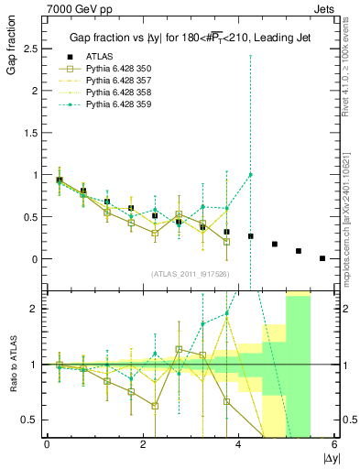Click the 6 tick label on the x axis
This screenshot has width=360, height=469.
335,444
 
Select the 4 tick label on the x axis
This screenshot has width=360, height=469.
239,444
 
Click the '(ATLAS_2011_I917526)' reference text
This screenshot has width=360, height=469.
191,274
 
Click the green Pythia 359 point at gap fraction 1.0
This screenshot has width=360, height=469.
251,174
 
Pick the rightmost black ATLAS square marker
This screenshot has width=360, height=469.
322,258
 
